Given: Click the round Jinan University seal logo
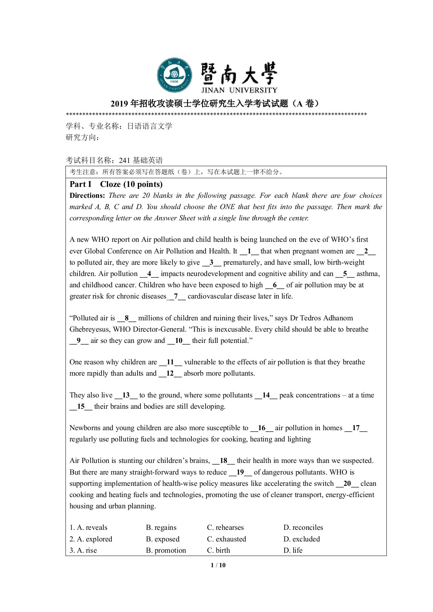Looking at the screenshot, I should (174, 75).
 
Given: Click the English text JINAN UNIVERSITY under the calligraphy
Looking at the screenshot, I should (239, 90).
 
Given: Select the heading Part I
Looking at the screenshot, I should (80, 184).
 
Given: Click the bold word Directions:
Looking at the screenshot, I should (87, 196).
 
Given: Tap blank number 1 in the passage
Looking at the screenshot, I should (249, 251).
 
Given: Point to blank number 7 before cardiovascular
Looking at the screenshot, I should (176, 296).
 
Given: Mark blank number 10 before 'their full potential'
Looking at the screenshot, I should (178, 341).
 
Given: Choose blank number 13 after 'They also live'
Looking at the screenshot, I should (126, 395).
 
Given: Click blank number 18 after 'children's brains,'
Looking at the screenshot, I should (223, 461).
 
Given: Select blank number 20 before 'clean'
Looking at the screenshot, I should (347, 484).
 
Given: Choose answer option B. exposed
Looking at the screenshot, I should (163, 539).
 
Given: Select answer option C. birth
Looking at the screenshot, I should (218, 551).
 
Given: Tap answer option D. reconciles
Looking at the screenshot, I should (303, 528).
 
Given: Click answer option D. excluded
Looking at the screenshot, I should (302, 539).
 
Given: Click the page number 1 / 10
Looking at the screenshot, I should (218, 565).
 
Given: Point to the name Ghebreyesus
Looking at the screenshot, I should (90, 329).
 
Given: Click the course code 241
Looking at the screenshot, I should (124, 160).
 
